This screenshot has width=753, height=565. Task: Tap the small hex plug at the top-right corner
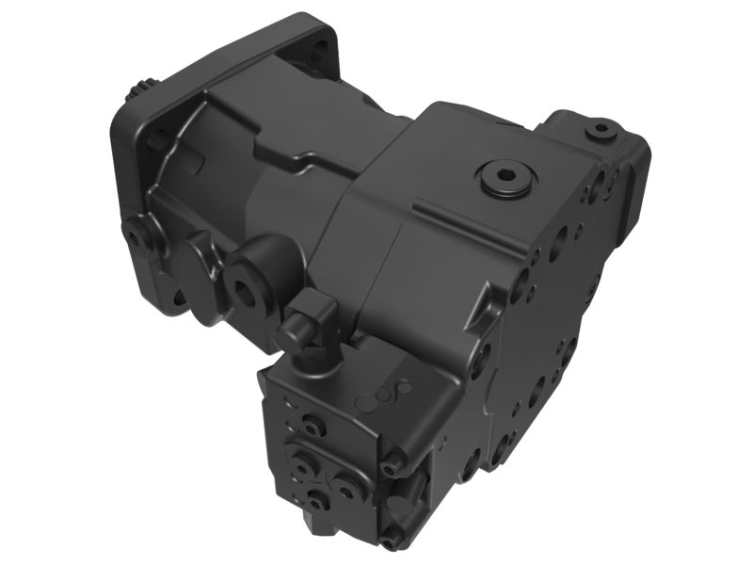[x=600, y=128]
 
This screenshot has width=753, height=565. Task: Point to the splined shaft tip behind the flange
[x=137, y=91]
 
